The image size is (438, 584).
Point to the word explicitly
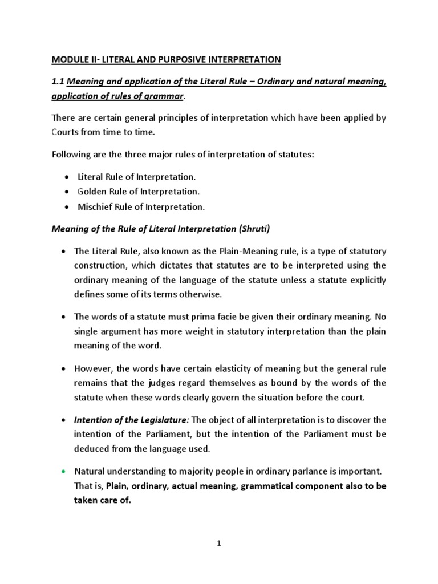[x=366, y=280]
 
